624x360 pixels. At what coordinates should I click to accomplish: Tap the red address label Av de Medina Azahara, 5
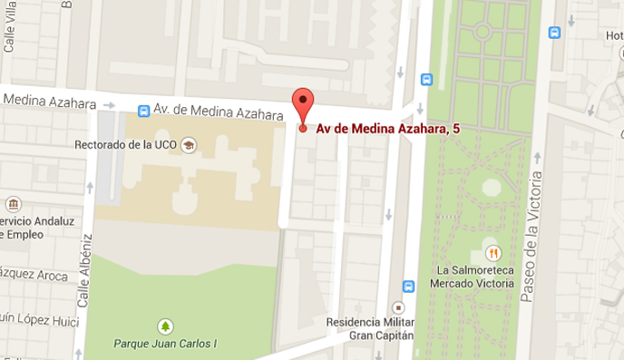click(x=386, y=129)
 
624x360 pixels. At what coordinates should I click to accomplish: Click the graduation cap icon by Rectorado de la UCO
click(x=188, y=144)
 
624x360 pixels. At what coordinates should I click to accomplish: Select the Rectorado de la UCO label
click(x=126, y=144)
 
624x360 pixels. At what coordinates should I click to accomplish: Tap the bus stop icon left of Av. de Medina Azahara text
click(x=142, y=111)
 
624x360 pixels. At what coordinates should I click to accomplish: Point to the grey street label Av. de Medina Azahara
click(x=218, y=111)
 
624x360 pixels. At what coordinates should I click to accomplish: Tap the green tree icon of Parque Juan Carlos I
click(x=164, y=325)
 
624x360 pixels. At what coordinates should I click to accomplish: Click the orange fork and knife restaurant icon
click(x=493, y=251)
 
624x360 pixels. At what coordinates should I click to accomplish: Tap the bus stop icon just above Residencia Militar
click(x=408, y=287)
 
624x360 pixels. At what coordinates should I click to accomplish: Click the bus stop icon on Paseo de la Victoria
click(x=554, y=33)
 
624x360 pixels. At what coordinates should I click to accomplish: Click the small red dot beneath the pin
click(x=303, y=128)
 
